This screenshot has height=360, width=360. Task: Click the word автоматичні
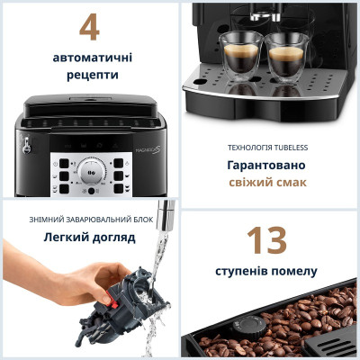pyautogui.click(x=89, y=57)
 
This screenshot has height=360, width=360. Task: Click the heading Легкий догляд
pyautogui.click(x=89, y=238)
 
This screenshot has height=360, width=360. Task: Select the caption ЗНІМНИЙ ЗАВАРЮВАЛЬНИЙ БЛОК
pyautogui.click(x=89, y=220)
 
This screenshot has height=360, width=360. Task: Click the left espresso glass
pyautogui.click(x=236, y=56)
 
